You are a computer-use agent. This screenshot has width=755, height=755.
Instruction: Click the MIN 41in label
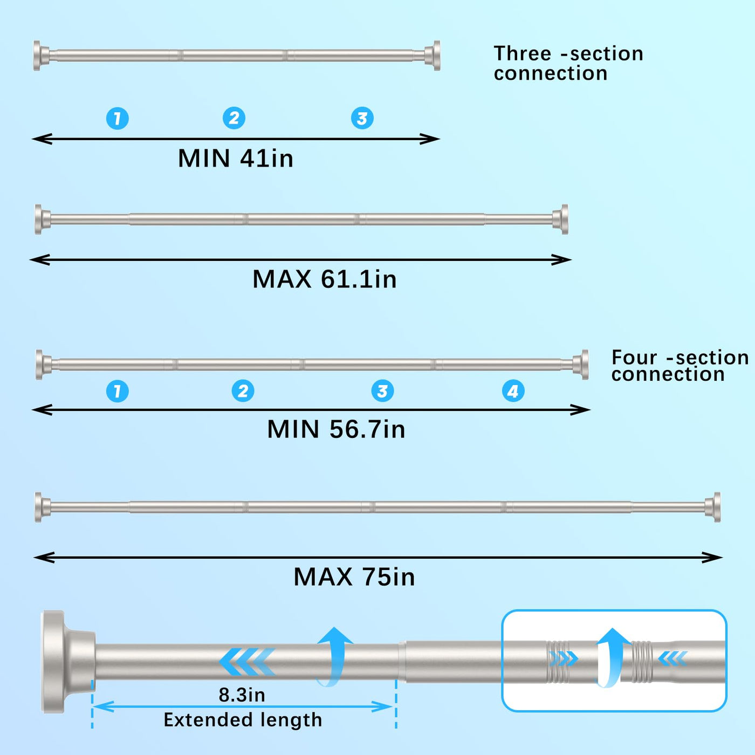click(236, 159)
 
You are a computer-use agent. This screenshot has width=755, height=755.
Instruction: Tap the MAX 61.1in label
click(324, 279)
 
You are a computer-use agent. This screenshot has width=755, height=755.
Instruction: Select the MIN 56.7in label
click(336, 429)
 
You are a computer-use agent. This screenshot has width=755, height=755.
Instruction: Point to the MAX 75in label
click(354, 577)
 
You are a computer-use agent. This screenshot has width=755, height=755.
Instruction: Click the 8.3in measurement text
click(242, 695)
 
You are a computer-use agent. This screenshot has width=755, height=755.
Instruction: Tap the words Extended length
click(243, 720)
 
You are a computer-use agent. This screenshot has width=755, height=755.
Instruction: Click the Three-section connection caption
click(568, 63)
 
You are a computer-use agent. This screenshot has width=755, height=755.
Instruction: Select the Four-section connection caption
click(679, 366)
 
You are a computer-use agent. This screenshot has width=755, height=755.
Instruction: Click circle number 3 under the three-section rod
click(362, 118)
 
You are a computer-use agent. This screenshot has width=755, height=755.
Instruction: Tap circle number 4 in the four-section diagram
click(513, 391)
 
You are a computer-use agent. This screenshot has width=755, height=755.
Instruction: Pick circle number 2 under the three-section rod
click(234, 118)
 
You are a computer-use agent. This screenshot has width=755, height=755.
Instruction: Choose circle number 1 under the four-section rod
click(118, 391)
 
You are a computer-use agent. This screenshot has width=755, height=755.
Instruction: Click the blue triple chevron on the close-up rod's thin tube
click(248, 662)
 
